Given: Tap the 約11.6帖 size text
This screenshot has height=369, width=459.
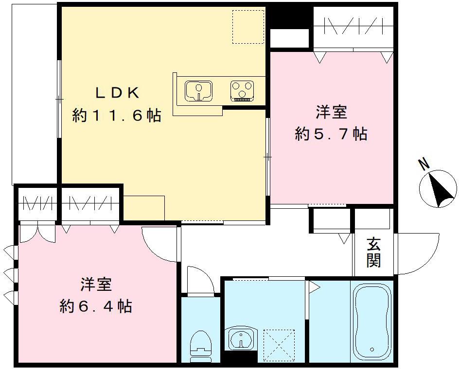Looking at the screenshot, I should click(116, 116).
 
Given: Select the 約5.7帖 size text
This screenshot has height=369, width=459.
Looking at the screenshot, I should click(331, 134).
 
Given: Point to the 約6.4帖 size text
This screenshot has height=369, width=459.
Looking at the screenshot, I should click(96, 306).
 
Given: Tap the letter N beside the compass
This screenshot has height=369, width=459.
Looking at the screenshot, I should click(424, 165).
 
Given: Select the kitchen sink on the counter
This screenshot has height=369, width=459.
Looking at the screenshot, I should click(198, 91).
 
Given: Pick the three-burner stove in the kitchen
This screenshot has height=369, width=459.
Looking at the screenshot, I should click(242, 91).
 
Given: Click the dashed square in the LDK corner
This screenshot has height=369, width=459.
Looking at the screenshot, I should click(247, 27).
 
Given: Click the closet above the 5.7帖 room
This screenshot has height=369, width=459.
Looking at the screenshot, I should click(353, 27).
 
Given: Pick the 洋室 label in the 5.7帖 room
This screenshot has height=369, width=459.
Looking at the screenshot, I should click(331, 112).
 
